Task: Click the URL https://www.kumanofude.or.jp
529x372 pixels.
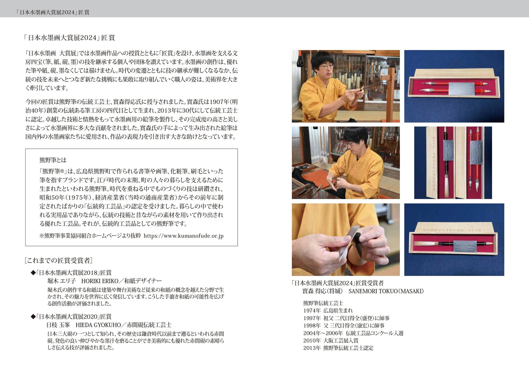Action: click(x=183, y=236)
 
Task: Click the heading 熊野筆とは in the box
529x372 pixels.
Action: click(x=53, y=160)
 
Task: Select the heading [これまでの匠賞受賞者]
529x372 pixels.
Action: click(x=59, y=260)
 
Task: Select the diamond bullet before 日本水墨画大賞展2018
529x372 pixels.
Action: click(x=33, y=273)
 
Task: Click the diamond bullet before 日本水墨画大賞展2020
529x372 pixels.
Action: click(x=33, y=316)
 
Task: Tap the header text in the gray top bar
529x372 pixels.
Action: click(x=53, y=12)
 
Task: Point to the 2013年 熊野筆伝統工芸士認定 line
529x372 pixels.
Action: click(x=338, y=348)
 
